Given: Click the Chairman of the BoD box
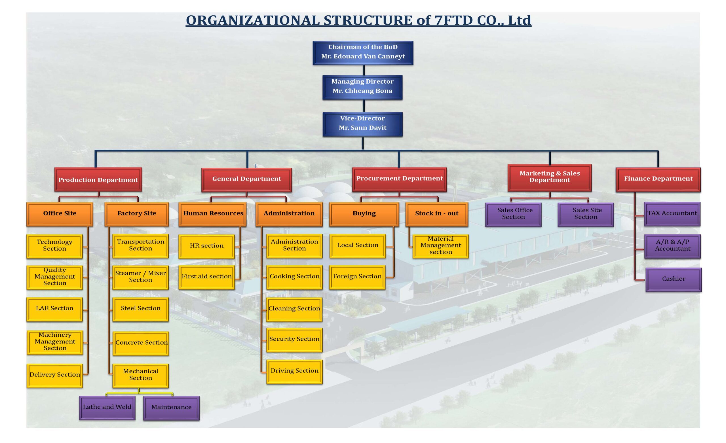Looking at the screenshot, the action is [363, 53].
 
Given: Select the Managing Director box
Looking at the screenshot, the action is [362, 87].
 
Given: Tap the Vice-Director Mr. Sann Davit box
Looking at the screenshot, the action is [362, 124].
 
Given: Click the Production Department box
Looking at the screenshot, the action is [98, 179].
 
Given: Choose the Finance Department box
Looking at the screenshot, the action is [658, 179].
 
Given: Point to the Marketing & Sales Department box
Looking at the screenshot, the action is [550, 178].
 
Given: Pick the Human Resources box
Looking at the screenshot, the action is [212, 214].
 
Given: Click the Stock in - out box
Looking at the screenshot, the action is [437, 214].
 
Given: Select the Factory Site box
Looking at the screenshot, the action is [137, 214].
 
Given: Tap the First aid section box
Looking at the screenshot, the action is [206, 277].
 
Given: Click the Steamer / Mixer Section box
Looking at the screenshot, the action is [141, 277].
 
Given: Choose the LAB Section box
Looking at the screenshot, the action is [54, 309].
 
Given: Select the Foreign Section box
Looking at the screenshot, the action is [357, 277].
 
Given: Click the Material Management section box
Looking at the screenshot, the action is [440, 246].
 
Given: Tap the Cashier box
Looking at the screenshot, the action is [674, 279].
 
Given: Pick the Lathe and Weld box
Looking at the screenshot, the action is [107, 408].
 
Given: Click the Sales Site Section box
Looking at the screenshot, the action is [586, 215].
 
